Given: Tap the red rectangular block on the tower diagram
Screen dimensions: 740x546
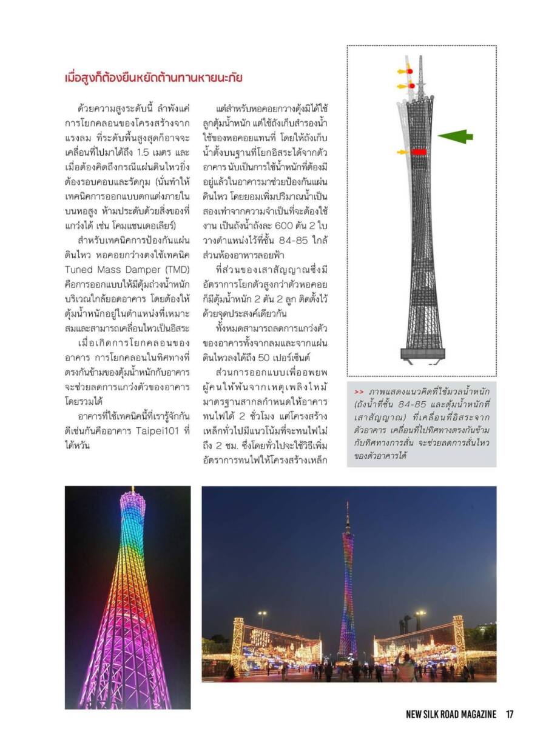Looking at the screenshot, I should [419, 152].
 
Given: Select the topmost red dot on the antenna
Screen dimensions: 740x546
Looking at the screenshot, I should [410, 72].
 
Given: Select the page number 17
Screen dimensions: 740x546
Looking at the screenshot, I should [510, 715].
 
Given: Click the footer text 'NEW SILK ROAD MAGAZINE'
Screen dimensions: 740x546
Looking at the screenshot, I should [451, 715].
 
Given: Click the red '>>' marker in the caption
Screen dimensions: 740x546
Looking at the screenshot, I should [359, 391].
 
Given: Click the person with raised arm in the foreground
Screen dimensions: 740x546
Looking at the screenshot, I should [403, 667].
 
